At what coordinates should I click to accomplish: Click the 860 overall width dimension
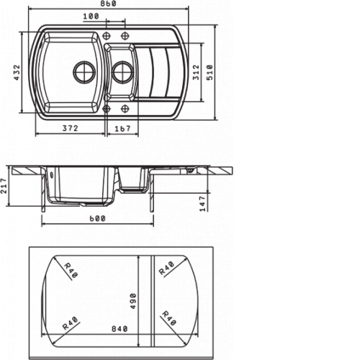[108, 4]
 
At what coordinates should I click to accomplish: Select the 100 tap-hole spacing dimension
[91, 17]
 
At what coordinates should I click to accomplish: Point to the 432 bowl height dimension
[16, 72]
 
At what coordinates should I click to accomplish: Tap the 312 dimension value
[196, 72]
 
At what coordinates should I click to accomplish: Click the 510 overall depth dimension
[210, 72]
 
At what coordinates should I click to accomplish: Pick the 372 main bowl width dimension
[71, 128]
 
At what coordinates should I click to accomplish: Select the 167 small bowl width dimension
[122, 129]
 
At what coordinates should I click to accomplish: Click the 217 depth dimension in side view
[4, 186]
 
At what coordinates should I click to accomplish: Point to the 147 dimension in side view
[203, 204]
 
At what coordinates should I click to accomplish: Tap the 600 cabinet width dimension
[97, 219]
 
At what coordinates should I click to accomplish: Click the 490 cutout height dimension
[132, 301]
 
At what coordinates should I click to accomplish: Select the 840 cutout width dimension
[120, 328]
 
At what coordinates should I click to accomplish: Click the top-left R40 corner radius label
[71, 270]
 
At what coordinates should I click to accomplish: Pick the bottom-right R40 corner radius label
[169, 318]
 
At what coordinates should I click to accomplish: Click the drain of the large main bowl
[84, 71]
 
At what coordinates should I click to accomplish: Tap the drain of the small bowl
[122, 72]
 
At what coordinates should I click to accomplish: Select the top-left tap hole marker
[107, 36]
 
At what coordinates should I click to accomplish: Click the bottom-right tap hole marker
[125, 109]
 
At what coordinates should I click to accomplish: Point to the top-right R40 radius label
[166, 269]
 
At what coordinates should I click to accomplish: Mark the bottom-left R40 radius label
[70, 323]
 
